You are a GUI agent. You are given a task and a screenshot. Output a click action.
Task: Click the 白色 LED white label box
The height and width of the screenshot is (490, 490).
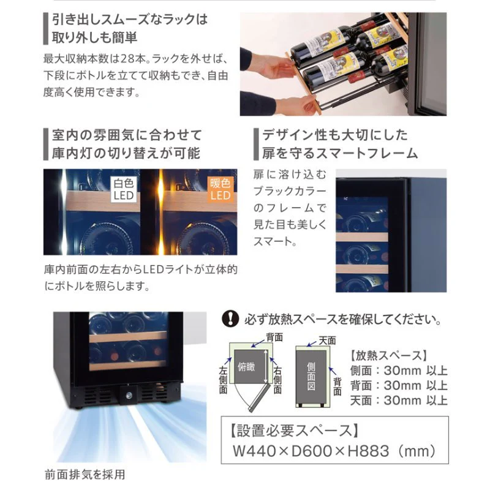[124, 189]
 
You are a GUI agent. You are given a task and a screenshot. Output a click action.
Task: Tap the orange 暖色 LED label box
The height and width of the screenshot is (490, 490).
[221, 189]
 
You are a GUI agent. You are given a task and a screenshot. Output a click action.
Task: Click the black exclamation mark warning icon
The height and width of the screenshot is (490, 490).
[230, 319]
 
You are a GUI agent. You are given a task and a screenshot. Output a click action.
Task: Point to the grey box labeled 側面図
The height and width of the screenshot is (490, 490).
[311, 377]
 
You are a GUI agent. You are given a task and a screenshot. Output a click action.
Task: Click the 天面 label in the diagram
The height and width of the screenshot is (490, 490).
[327, 341]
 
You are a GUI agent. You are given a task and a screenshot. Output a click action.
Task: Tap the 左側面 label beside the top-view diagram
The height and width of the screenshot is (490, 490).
[223, 380]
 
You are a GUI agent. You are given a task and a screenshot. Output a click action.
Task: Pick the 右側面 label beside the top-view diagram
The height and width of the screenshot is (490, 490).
[277, 380]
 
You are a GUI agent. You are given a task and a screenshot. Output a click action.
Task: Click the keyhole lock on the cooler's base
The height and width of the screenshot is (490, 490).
[129, 396]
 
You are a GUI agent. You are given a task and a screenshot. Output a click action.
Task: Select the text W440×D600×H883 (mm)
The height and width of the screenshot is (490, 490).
[334, 451]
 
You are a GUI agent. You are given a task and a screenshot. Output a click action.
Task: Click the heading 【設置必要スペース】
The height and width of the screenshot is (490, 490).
[295, 431]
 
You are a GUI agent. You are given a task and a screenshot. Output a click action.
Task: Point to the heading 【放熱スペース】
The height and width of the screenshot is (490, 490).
[388, 355]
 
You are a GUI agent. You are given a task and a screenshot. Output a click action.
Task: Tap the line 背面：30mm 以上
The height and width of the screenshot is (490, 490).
[399, 385]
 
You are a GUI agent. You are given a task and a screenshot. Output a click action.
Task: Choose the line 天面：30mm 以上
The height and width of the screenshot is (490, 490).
[399, 401]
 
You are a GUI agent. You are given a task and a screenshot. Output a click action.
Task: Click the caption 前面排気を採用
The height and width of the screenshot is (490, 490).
[85, 474]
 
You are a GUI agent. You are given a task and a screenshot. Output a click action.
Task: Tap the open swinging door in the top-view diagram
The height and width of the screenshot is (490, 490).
[259, 397]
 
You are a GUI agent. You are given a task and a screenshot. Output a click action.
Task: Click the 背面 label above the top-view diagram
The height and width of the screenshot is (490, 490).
[274, 337]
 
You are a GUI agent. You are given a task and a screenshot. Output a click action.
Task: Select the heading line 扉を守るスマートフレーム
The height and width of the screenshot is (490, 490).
[340, 153]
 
